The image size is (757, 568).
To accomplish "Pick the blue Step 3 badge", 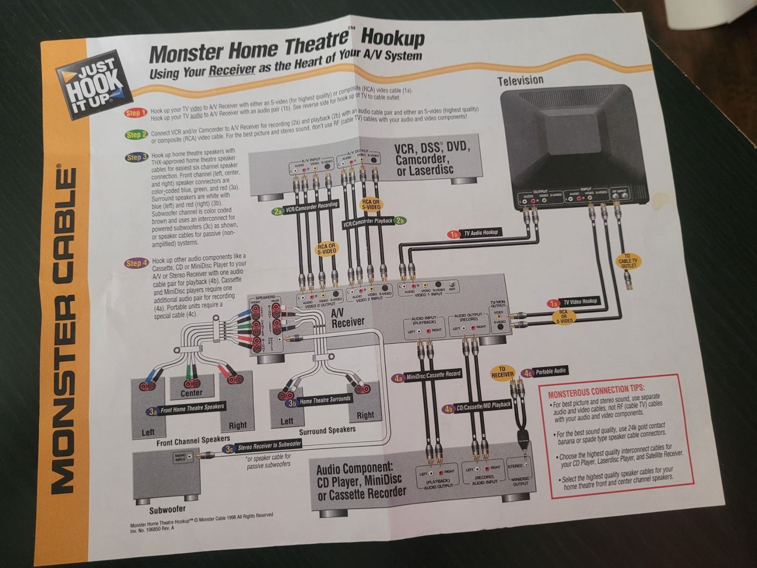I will click(137, 157).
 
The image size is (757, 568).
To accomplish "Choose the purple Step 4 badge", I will click(137, 263).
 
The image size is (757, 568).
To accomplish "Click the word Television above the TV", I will click(520, 80).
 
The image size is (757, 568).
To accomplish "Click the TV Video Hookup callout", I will click(574, 302).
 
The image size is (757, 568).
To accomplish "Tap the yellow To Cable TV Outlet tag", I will click(627, 261).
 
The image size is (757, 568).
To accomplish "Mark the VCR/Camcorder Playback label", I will click(373, 221).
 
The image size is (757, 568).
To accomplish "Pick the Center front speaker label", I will click(191, 393).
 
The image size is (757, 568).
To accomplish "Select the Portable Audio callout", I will click(545, 372).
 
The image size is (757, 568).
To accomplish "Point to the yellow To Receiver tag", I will click(502, 372).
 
